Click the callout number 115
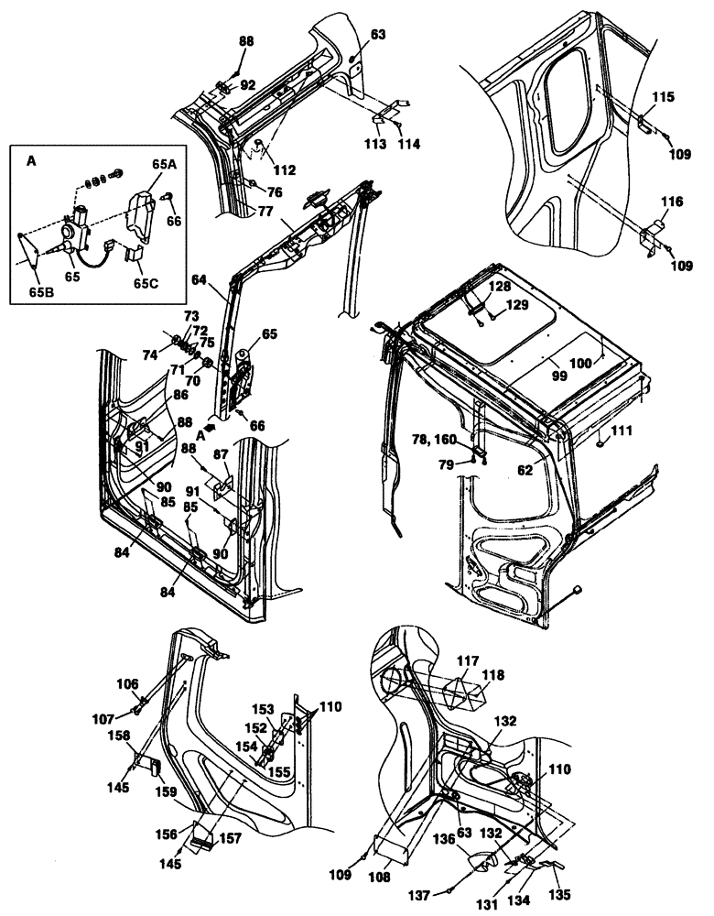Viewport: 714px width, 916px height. [x=663, y=96]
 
